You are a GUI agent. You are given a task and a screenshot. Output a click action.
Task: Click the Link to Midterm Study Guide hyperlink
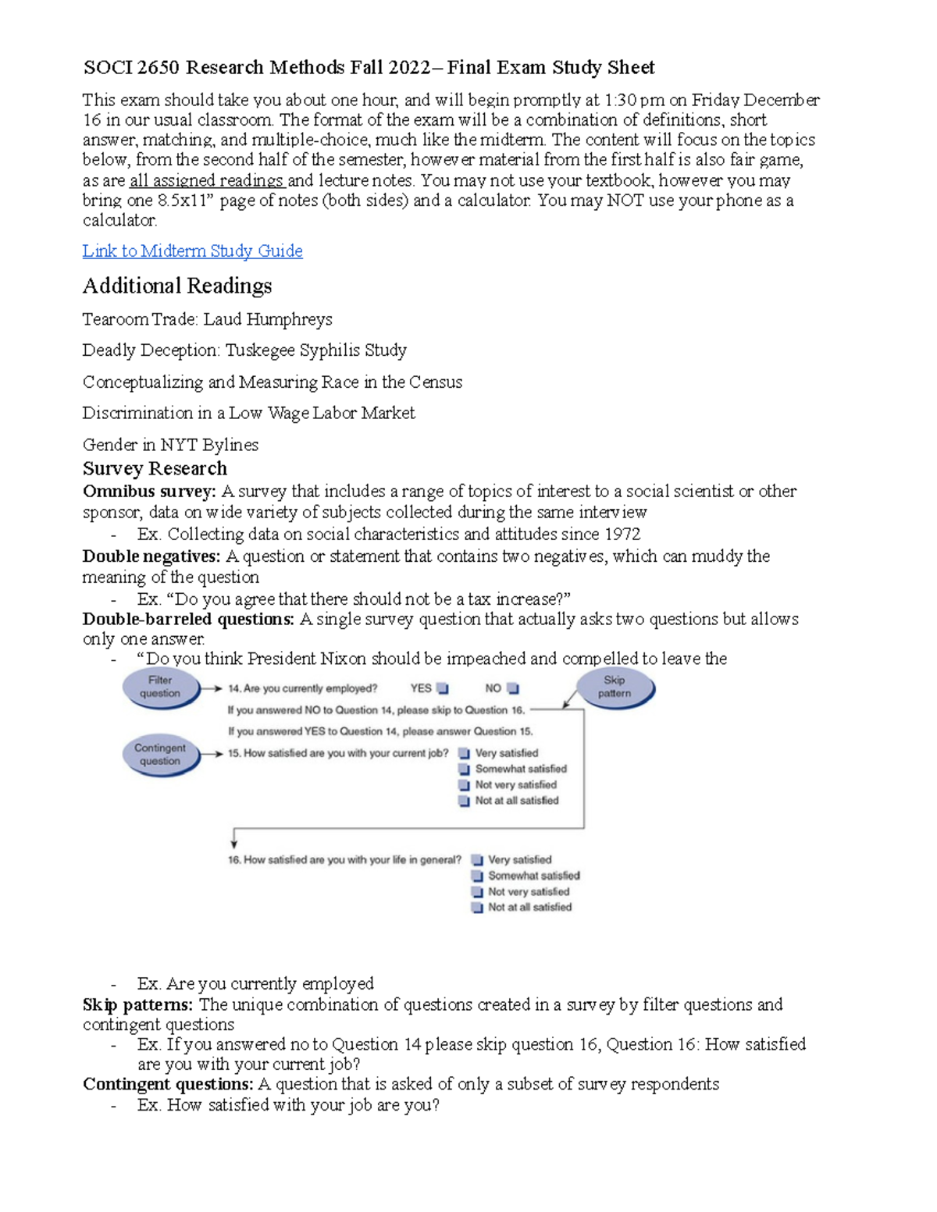pos(192,251)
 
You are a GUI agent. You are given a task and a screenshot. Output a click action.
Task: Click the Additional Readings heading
pos(177,286)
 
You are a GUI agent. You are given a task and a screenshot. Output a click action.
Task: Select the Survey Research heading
pos(155,468)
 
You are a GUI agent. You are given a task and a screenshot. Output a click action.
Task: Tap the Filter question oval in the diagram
pos(160,688)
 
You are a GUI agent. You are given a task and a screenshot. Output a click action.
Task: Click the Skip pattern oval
pos(615,688)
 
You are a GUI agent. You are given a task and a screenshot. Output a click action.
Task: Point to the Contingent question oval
pos(160,755)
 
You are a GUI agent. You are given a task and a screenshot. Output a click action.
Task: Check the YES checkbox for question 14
pos(443,688)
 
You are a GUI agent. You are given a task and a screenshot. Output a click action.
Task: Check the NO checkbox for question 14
pos(513,688)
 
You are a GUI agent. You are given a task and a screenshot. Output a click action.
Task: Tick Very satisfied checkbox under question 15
pos(465,754)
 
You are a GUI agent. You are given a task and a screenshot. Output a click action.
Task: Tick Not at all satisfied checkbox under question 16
pos(477,908)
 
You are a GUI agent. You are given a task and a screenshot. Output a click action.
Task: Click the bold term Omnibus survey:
pos(149,492)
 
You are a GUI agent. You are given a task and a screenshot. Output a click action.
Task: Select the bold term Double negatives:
pos(151,556)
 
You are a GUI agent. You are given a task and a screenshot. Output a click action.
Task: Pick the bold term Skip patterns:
pos(137,1005)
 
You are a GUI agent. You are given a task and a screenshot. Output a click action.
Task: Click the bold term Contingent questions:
pos(168,1085)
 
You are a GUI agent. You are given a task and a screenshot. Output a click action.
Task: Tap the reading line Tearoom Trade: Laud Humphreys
pos(207,320)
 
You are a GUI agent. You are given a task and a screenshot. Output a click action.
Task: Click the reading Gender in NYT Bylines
pos(170,445)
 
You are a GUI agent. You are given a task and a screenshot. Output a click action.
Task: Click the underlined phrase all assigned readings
pos(206,181)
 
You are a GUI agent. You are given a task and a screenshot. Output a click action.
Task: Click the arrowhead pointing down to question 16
pos(234,842)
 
